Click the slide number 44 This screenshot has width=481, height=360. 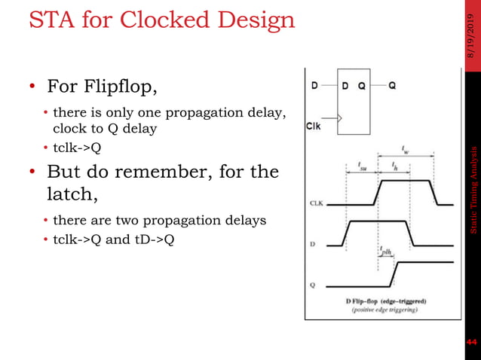pyautogui.click(x=471, y=343)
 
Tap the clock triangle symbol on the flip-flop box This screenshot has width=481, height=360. pyautogui.click(x=341, y=118)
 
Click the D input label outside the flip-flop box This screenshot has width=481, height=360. pyautogui.click(x=314, y=85)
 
